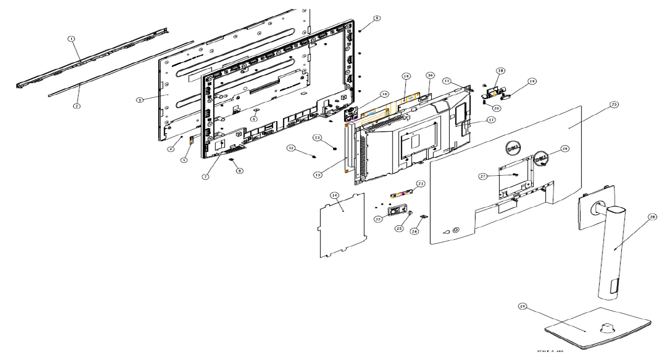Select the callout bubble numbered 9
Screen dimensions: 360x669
377,18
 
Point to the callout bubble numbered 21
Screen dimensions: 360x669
421,184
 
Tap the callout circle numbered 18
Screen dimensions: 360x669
500,71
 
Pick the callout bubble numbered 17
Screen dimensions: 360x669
492,120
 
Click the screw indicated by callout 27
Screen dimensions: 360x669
514,175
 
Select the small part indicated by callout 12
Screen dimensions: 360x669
313,156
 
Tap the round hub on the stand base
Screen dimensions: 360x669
605,326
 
